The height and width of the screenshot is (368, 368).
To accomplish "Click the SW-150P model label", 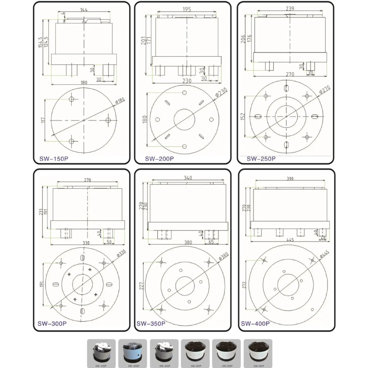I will tap(51, 160).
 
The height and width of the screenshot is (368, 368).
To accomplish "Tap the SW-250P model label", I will tap(261, 159).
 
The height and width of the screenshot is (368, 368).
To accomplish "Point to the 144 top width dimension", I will tap(84, 9).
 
